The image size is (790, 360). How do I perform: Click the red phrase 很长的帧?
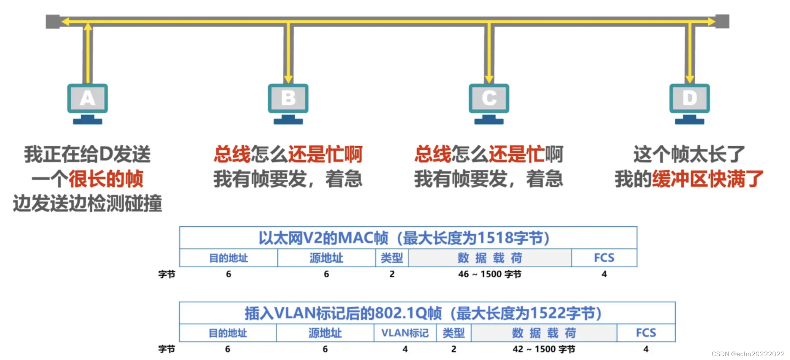[x=106, y=179]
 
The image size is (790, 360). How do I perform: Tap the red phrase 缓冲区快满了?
[x=708, y=179]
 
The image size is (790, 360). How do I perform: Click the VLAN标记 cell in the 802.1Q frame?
[x=405, y=333]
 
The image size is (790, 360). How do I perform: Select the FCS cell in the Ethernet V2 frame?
[x=604, y=258]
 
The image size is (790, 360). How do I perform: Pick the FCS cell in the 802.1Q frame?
[x=646, y=333]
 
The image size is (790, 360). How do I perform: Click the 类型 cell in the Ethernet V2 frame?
[x=392, y=258]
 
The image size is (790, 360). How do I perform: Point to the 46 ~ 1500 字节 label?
[x=490, y=274]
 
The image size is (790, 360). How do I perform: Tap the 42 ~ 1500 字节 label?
[x=544, y=349]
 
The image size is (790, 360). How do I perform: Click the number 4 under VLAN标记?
[x=405, y=349]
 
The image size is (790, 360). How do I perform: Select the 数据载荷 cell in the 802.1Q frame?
[x=544, y=333]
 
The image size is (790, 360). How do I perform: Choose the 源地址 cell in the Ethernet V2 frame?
[x=326, y=258]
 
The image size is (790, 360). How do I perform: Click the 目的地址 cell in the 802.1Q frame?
[x=228, y=333]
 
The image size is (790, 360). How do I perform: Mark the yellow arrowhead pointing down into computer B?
[x=288, y=79]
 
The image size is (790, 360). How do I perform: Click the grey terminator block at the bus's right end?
[x=722, y=21]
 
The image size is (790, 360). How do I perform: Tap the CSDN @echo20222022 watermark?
[x=748, y=354]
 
